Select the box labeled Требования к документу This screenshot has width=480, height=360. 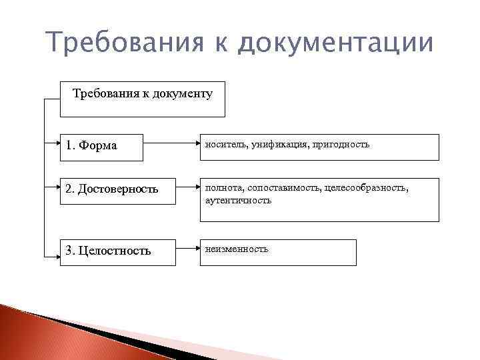(x=142, y=99)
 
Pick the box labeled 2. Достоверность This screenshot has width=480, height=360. (x=116, y=190)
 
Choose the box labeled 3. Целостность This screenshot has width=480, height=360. (x=116, y=252)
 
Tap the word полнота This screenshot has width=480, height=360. (x=221, y=189)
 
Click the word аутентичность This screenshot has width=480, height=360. (x=236, y=200)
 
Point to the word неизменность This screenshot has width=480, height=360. (x=237, y=249)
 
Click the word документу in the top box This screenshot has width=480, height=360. (x=183, y=93)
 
